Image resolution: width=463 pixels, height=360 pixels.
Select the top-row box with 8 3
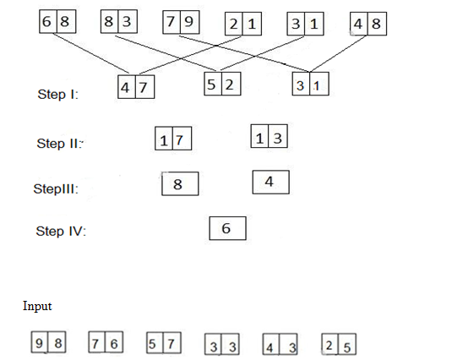click(118, 21)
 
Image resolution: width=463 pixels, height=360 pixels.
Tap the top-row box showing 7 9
click(180, 21)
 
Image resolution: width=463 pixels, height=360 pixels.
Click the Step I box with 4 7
click(136, 87)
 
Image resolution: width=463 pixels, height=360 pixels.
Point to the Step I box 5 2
click(222, 85)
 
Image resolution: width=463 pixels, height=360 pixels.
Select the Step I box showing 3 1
click(311, 85)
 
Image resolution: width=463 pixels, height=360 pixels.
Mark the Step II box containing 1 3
click(270, 137)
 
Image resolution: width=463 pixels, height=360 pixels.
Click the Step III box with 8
click(180, 183)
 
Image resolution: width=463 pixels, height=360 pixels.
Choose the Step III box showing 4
click(271, 182)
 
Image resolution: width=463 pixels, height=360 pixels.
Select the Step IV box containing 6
click(227, 228)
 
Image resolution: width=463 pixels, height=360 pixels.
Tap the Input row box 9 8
click(49, 343)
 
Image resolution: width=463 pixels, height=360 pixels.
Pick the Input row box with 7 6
click(106, 343)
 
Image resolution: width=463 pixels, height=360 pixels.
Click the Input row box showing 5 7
click(164, 343)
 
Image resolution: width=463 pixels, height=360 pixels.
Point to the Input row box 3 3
click(223, 346)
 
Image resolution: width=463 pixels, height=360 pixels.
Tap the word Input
click(37, 306)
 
